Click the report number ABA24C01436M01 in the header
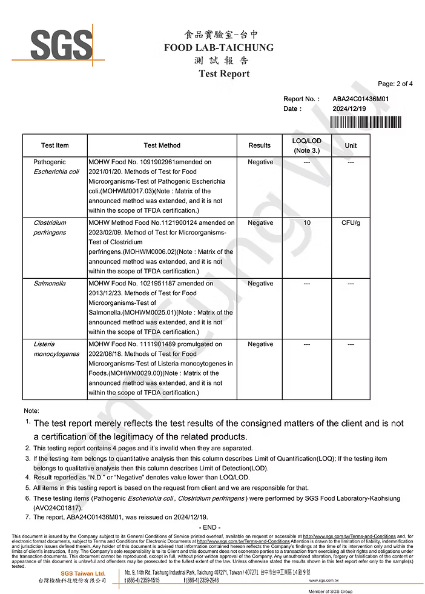[x=360, y=99]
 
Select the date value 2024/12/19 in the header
[x=349, y=108]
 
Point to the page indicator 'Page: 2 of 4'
[x=395, y=84]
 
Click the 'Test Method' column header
[x=162, y=145]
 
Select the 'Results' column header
[x=260, y=145]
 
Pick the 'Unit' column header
[x=351, y=145]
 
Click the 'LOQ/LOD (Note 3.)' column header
[x=306, y=145]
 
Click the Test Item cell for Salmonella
[x=50, y=284]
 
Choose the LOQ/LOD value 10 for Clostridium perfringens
[x=307, y=223]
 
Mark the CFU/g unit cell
[x=351, y=223]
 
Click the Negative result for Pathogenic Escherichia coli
[x=260, y=162]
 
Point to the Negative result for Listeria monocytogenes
[x=260, y=344]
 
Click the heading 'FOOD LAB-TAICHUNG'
[x=219, y=47]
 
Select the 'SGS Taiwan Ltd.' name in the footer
[x=83, y=573]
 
